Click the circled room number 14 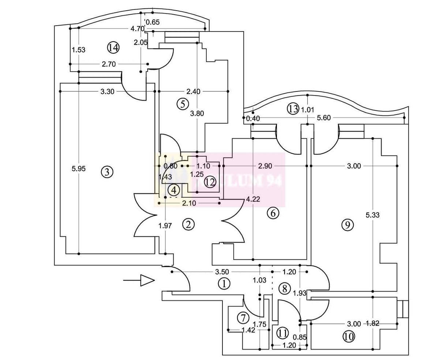coord(113,47)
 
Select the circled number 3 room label coord(107,172)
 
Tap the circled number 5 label coord(182,104)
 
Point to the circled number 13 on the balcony coord(293,109)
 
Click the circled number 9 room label coord(347,225)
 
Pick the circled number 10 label coord(349,336)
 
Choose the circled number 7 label coord(243,318)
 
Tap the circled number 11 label coord(282,333)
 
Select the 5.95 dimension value coord(79,169)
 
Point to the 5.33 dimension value coord(372,215)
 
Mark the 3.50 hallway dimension coord(222,272)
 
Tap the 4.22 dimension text coord(254,199)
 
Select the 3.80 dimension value coord(197,113)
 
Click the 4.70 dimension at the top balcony coord(138,28)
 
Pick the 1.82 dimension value coord(372,323)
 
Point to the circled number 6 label coord(273,213)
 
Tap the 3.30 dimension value coord(108,91)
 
